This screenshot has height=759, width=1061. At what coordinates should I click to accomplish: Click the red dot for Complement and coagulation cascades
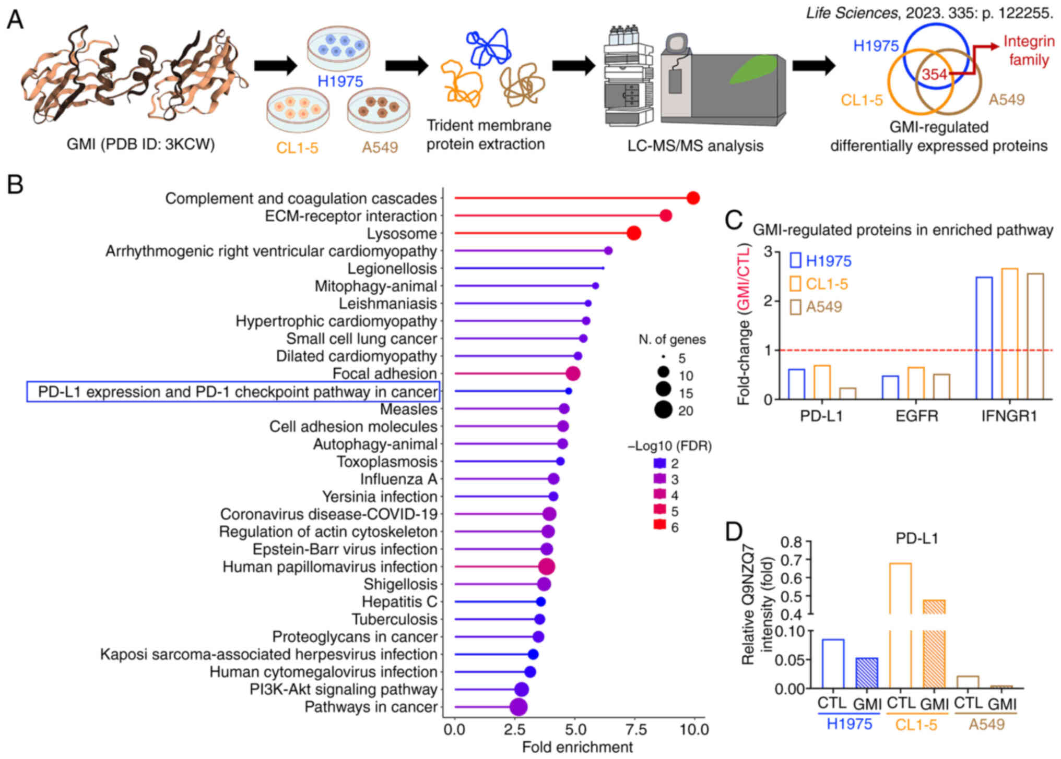pos(693,198)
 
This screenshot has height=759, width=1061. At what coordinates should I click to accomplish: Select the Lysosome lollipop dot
pos(633,233)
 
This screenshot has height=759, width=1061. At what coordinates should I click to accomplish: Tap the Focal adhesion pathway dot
pos(573,374)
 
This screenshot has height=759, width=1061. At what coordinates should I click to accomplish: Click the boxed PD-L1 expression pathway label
pos(233,392)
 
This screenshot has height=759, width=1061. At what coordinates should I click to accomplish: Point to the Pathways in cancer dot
pos(518,707)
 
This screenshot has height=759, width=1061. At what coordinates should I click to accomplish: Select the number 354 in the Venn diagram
pos(934,75)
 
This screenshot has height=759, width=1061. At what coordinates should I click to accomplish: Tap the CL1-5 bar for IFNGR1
pos(1010,334)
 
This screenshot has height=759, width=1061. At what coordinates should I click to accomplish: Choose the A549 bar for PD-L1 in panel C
pos(847,393)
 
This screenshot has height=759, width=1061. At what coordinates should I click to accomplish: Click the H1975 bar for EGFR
pos(890,387)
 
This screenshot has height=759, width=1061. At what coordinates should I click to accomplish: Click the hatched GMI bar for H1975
pos(867,673)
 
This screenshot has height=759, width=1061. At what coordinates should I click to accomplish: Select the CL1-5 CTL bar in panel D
pos(900,626)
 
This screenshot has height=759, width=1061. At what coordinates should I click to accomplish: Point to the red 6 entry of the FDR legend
pos(660,527)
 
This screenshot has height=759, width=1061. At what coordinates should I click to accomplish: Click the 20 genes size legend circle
pos(663,411)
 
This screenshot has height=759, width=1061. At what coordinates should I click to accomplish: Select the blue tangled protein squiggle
pos(489,48)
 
